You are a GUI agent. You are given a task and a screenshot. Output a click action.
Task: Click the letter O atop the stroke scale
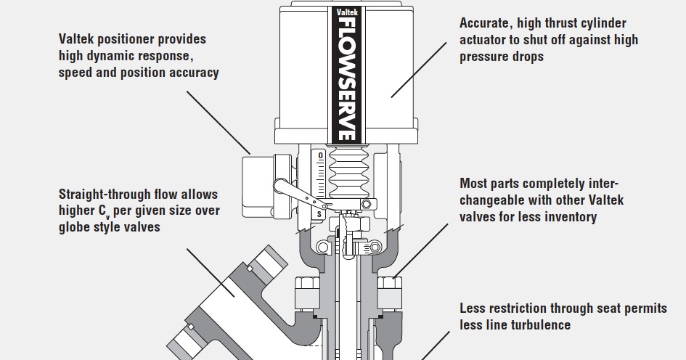tap(320, 156)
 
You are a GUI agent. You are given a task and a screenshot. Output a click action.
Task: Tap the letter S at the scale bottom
tap(319, 214)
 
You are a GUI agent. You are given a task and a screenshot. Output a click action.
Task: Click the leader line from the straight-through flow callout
tap(211, 273)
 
